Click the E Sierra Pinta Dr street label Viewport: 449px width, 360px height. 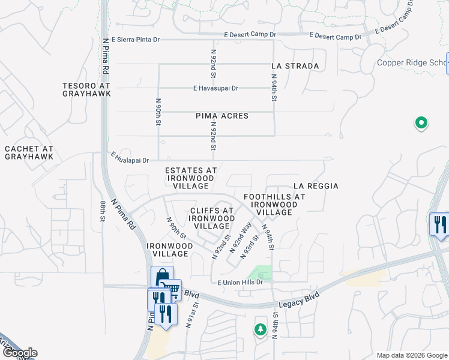(131, 40)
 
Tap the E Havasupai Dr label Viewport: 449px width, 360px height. (215, 88)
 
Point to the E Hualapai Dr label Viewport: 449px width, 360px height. (130, 157)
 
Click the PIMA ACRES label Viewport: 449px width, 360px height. (222, 116)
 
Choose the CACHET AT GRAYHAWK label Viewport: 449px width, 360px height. (29, 152)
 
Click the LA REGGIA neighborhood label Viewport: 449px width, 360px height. (316, 186)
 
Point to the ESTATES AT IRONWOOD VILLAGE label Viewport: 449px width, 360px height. (191, 178)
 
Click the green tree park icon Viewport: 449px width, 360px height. (260, 329)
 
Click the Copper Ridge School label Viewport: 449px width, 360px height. (411, 63)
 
